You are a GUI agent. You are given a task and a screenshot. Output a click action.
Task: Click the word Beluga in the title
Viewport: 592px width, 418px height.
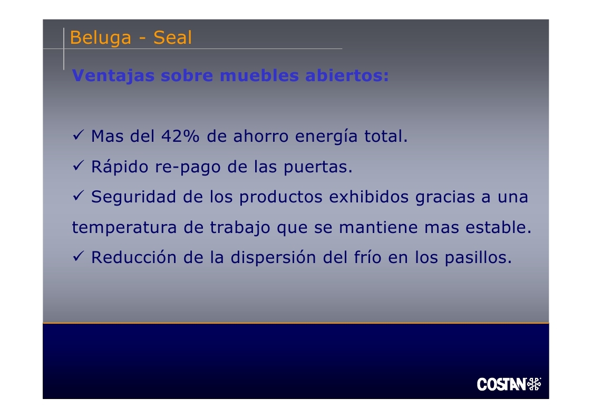coord(101,38)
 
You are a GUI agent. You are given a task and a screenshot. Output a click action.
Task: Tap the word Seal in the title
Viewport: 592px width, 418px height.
coord(172,37)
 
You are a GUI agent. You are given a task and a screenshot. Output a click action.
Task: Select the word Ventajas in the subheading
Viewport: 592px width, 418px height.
coord(113,76)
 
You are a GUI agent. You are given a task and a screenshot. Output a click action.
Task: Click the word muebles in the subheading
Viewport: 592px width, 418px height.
coord(259,75)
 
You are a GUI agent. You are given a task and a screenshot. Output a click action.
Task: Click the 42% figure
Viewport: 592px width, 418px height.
coord(180,136)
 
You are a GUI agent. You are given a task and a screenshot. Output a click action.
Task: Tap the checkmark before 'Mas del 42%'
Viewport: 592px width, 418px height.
coord(78,134)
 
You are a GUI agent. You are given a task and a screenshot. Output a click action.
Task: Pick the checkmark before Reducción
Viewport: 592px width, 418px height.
coord(78,256)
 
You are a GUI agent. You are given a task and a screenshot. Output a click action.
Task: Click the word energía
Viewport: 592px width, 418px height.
coord(326,137)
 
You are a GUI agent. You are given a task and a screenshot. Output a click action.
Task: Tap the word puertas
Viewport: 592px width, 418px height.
coord(318,167)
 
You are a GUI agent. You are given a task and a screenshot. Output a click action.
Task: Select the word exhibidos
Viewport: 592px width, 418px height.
coord(368,197)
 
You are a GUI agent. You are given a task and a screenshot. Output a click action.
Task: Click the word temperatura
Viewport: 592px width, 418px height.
coord(124,228)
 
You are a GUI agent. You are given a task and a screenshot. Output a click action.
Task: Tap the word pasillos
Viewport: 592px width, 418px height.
coord(478,258)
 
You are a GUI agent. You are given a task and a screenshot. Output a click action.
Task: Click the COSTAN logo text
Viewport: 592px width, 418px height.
coord(501,384)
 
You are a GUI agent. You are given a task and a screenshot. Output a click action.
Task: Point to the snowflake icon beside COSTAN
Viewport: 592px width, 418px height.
coord(534,384)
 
